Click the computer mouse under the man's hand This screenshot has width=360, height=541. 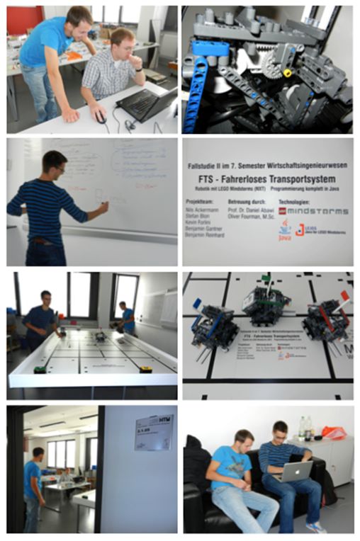pos(101,118)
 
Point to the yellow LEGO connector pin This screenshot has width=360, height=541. pos(287,73)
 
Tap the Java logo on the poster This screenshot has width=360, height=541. pos(284,230)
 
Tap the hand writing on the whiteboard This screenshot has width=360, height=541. pos(105,207)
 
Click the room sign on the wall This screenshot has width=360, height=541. pos(154,432)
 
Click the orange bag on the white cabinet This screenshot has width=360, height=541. pos(333,432)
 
